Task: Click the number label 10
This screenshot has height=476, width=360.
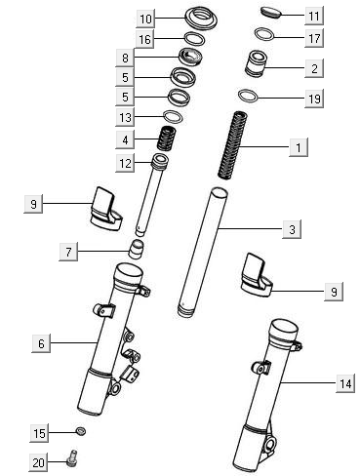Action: [x=145, y=19]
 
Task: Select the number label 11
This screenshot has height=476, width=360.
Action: [x=313, y=17]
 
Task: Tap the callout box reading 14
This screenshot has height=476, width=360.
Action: [x=345, y=384]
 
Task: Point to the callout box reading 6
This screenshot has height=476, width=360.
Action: [x=40, y=342]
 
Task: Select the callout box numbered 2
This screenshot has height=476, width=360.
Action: [x=314, y=68]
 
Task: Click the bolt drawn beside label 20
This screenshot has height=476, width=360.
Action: [x=74, y=456]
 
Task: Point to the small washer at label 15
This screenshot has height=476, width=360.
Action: [x=80, y=430]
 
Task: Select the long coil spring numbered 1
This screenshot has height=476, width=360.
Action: [x=235, y=143]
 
